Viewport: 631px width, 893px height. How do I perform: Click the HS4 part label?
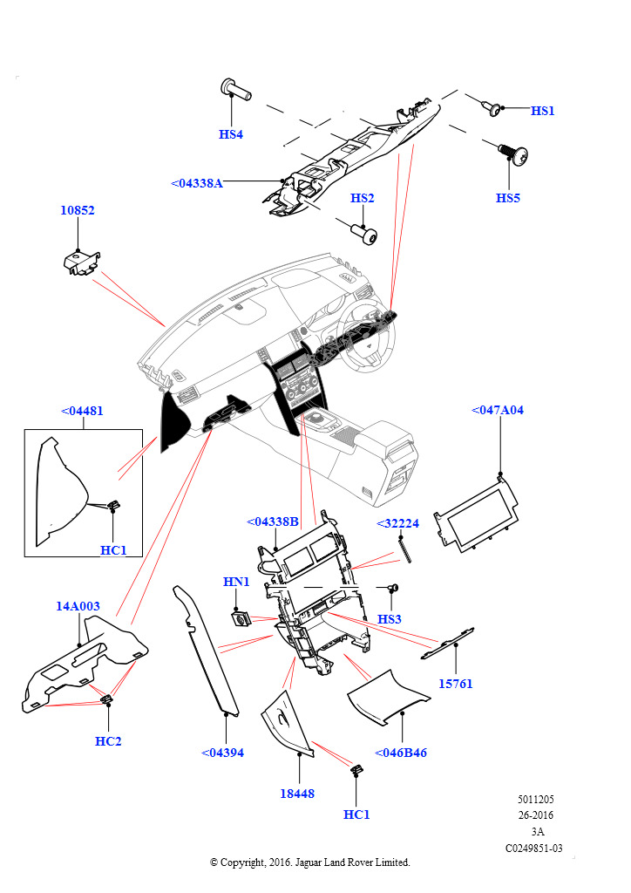click(x=230, y=134)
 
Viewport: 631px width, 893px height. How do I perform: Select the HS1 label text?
click(x=542, y=111)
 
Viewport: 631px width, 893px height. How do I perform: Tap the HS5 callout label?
click(x=508, y=198)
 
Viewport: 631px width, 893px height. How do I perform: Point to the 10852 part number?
click(x=78, y=210)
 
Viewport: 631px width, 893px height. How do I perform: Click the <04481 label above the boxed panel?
click(x=83, y=411)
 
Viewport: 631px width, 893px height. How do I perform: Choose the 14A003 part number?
click(x=78, y=606)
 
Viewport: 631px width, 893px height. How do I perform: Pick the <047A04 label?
click(x=498, y=410)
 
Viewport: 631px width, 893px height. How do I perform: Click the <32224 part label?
click(x=397, y=523)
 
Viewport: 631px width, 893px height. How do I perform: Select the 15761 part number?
click(x=455, y=684)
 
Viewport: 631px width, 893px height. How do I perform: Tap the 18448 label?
click(x=297, y=794)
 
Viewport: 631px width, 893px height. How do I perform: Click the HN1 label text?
click(x=236, y=581)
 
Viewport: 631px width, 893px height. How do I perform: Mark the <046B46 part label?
click(x=401, y=753)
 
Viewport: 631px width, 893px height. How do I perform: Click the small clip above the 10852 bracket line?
click(x=82, y=261)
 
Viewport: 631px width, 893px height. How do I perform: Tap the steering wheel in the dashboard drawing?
click(x=367, y=344)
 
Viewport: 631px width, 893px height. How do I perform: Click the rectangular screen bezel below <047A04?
click(x=476, y=515)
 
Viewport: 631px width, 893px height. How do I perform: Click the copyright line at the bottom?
click(x=310, y=862)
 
